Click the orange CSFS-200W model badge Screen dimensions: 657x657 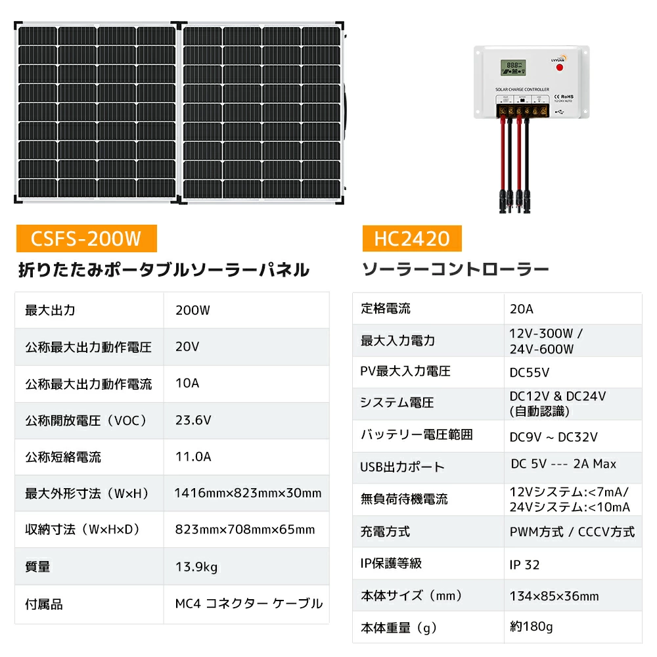(x=86, y=238)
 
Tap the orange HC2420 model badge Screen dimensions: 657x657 (x=412, y=238)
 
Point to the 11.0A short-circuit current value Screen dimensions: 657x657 (x=193, y=457)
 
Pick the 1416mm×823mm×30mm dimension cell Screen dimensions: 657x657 (x=248, y=493)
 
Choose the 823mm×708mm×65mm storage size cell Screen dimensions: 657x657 (x=245, y=530)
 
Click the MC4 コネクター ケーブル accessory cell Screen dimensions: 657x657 (x=249, y=603)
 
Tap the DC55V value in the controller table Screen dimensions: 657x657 (x=530, y=373)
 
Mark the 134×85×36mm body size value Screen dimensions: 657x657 (x=554, y=597)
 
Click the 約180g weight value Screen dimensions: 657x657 (x=531, y=627)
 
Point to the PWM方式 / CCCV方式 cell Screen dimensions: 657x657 (x=572, y=532)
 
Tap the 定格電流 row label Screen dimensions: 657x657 (x=386, y=309)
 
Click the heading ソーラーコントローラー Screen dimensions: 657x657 (x=455, y=270)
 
